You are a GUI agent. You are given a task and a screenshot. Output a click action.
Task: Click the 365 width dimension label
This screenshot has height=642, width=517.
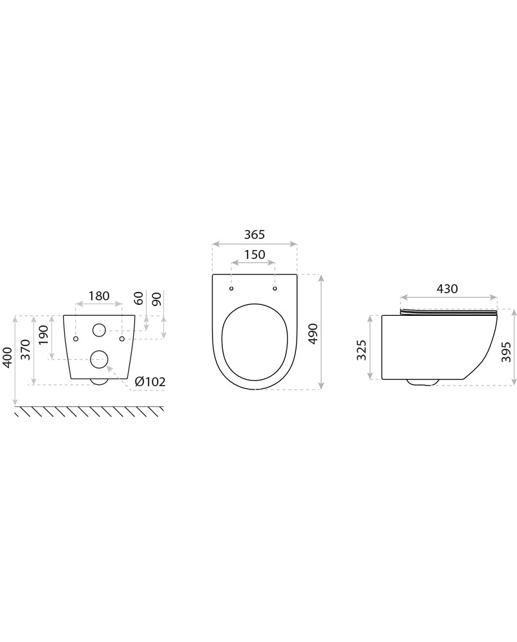pyautogui.click(x=255, y=234)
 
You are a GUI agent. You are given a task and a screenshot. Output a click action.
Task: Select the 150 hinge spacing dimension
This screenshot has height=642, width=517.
pyautogui.click(x=255, y=254)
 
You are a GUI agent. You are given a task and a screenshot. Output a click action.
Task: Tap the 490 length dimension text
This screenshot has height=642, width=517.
pyautogui.click(x=313, y=334)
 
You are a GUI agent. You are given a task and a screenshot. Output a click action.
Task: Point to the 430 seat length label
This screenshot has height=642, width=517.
pyautogui.click(x=447, y=289)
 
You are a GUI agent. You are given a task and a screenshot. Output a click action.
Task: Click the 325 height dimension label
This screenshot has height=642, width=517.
pyautogui.click(x=361, y=349)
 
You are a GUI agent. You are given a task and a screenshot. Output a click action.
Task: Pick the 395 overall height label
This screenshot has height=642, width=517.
pyautogui.click(x=507, y=352)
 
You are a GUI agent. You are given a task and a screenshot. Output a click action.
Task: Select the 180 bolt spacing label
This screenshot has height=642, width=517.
pyautogui.click(x=99, y=296)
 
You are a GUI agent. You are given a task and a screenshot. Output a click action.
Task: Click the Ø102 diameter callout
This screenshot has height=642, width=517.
pyautogui.click(x=150, y=382)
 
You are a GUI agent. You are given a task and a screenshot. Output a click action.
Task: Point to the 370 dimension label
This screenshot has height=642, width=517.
pyautogui.click(x=25, y=349)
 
